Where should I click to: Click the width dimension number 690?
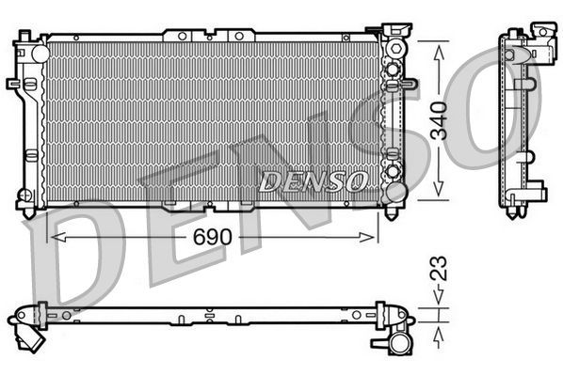pos(213,237)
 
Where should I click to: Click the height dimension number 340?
pos(439,120)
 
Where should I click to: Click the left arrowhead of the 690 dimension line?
pos(53,238)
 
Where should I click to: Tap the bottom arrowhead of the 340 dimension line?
pos(439,192)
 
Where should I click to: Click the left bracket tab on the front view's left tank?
pos(15,84)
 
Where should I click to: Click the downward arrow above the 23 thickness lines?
pos(439,300)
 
